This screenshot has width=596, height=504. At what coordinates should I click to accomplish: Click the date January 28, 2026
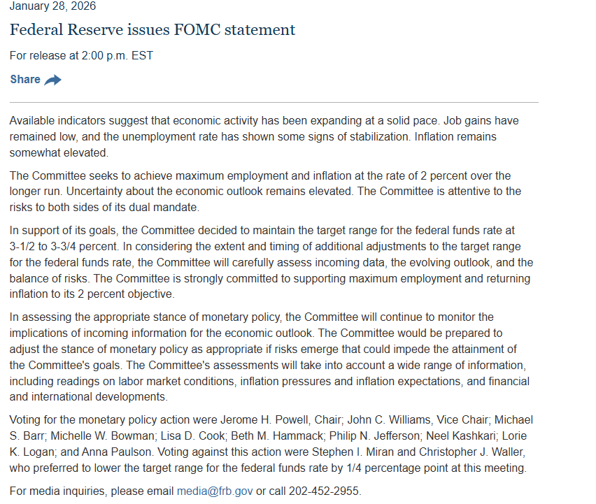click(x=52, y=6)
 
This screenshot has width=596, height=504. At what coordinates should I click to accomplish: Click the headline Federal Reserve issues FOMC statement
click(x=152, y=30)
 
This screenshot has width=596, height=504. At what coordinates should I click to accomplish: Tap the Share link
click(x=25, y=80)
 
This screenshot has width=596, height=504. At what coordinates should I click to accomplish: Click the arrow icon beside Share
click(x=53, y=80)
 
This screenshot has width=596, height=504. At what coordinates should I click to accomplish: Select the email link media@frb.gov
click(x=215, y=491)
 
